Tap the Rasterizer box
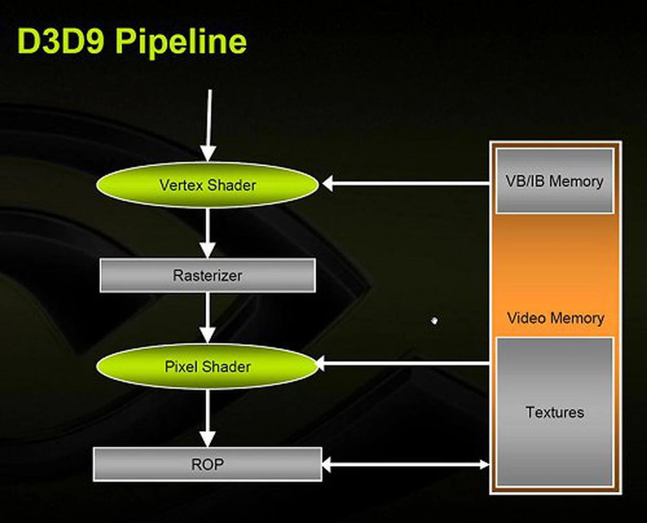point(208,275)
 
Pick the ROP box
point(207,464)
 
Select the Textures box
point(555,412)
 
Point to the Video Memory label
point(555,318)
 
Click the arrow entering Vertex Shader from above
point(209,125)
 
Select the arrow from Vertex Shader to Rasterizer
point(208,233)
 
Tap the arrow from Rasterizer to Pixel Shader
point(208,317)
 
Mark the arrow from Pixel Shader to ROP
point(208,418)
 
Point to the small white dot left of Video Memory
point(434,321)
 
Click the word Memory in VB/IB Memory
point(576,182)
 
